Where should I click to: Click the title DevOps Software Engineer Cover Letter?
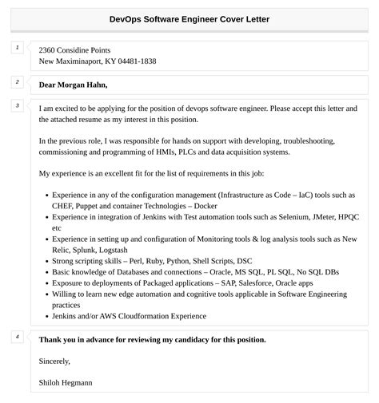pos(189,18)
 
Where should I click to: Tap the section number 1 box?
pos(18,49)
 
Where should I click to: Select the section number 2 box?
pos(18,81)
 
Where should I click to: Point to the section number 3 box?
pos(18,105)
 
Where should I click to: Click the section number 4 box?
pos(18,337)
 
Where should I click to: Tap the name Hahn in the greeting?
pos(94,85)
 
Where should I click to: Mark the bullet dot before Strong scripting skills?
pos(45,260)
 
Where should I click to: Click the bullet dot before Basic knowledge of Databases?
pos(45,271)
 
